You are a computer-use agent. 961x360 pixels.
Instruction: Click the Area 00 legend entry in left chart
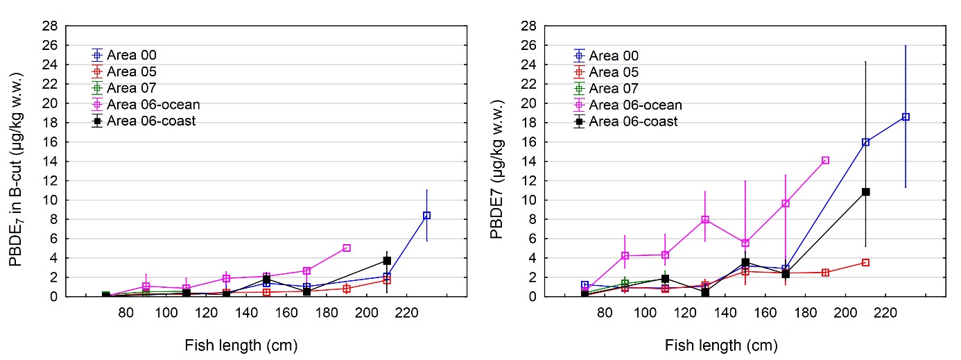[131, 55]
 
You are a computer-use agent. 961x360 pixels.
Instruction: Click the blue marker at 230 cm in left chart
[427, 216]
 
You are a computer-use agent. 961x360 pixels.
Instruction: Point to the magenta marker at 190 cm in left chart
[347, 248]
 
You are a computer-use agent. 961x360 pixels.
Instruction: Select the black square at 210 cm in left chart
[387, 261]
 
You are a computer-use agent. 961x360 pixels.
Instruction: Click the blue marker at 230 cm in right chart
[906, 117]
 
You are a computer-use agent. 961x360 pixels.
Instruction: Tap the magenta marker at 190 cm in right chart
[825, 160]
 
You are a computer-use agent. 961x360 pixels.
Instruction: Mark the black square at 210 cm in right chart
[865, 191]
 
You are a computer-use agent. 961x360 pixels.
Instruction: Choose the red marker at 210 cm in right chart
[865, 262]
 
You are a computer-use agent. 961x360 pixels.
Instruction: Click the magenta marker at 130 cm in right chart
[705, 220]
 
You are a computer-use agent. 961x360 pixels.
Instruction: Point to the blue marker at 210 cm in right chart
[865, 142]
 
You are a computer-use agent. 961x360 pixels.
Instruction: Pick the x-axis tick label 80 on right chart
[605, 314]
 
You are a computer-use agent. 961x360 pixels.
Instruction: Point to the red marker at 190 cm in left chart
[347, 289]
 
